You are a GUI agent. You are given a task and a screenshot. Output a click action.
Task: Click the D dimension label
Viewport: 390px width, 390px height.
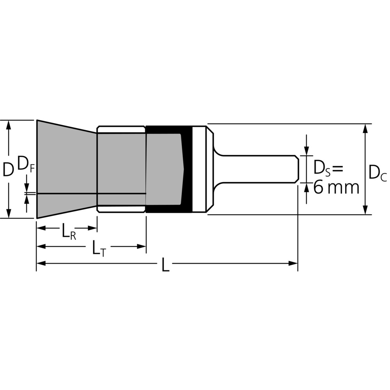[8, 169]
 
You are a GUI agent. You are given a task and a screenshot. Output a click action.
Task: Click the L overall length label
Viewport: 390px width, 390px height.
[165, 264]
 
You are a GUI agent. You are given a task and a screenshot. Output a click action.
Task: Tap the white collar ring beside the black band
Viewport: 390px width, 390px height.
[199, 169]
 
